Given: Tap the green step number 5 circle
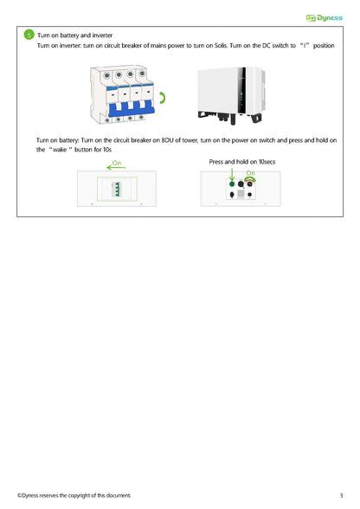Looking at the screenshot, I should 29,35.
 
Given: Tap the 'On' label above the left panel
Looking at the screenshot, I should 116,163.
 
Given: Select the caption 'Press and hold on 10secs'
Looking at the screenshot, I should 241,162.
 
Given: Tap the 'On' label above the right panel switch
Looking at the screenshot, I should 251,173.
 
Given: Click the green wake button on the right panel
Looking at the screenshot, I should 232,184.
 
